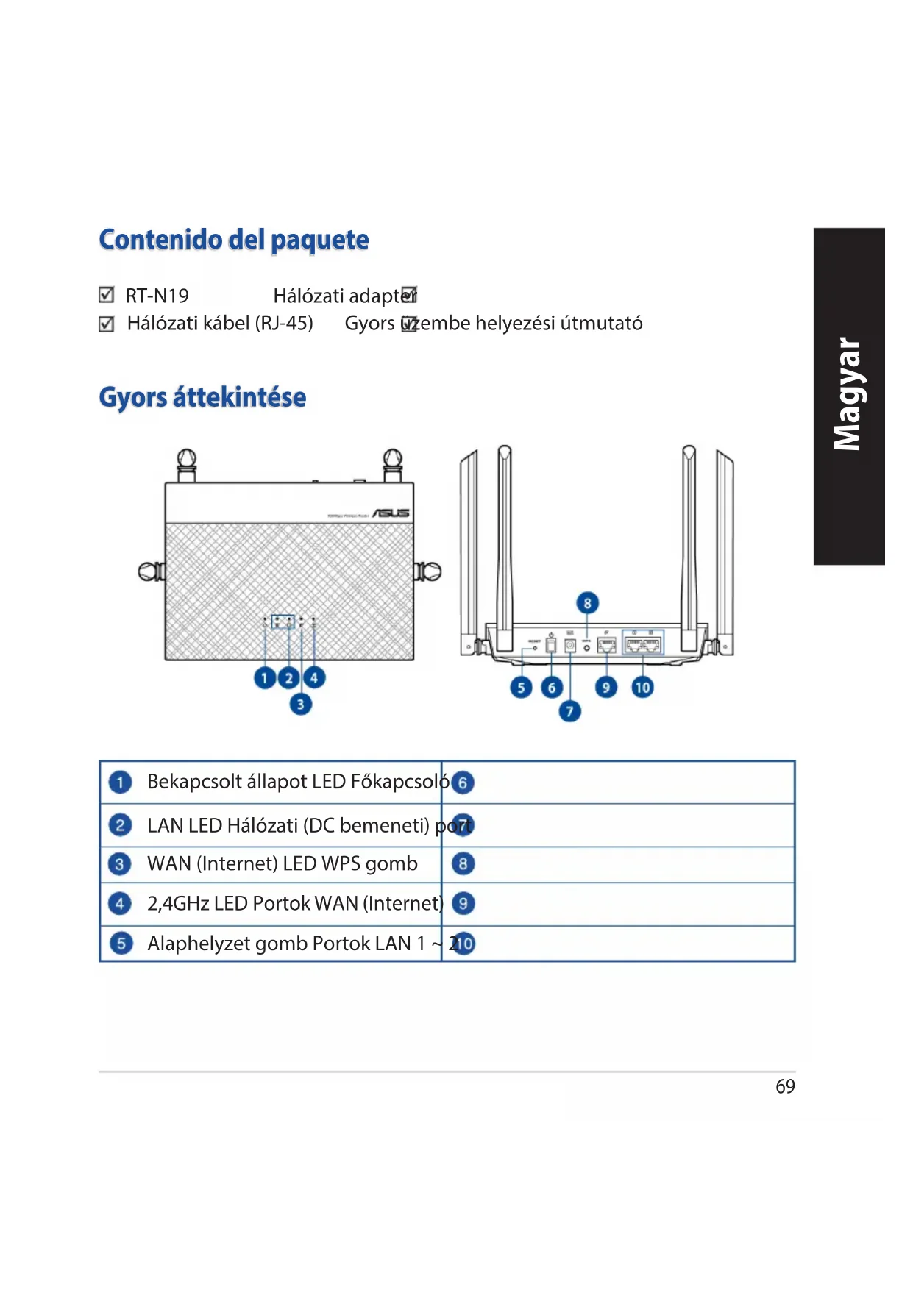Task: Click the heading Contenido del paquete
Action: tap(234, 240)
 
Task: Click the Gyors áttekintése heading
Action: tap(202, 397)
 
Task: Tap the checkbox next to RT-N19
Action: tap(107, 296)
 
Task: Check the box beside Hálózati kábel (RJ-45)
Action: tap(107, 324)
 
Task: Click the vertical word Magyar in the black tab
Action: tap(848, 395)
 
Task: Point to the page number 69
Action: tap(785, 1087)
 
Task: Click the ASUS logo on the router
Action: tap(391, 513)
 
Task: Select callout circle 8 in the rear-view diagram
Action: tap(587, 604)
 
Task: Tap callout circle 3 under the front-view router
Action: tap(300, 705)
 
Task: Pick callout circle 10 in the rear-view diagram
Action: tap(642, 688)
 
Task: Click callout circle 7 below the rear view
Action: tap(569, 711)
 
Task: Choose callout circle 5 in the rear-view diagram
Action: tap(521, 688)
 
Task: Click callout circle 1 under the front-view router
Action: tap(264, 678)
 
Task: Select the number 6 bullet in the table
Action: tap(463, 783)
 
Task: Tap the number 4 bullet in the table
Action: tap(120, 903)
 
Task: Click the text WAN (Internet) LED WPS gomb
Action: tap(282, 863)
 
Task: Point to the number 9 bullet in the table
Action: tap(463, 903)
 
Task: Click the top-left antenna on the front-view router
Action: tap(187, 465)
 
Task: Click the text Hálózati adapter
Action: tap(340, 296)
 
